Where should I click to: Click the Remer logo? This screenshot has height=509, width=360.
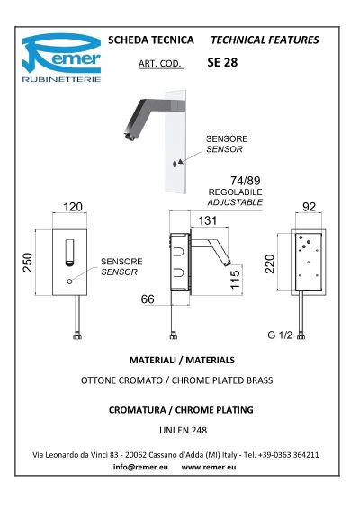pyautogui.click(x=61, y=58)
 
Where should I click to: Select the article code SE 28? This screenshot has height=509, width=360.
pyautogui.click(x=222, y=62)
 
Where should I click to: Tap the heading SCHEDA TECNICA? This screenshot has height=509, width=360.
pyautogui.click(x=151, y=40)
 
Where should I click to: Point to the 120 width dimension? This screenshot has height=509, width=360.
pyautogui.click(x=73, y=207)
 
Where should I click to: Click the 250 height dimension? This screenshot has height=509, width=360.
pyautogui.click(x=28, y=263)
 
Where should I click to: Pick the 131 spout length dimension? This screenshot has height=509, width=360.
pyautogui.click(x=208, y=220)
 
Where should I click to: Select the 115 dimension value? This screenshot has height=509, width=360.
pyautogui.click(x=235, y=279)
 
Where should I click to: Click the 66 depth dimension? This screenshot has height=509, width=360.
pyautogui.click(x=148, y=299)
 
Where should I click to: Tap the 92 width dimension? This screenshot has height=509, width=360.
pyautogui.click(x=309, y=207)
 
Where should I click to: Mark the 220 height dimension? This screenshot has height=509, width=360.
pyautogui.click(x=270, y=263)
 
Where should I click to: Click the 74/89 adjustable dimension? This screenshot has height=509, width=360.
pyautogui.click(x=246, y=181)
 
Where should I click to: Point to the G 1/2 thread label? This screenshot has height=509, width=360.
pyautogui.click(x=280, y=335)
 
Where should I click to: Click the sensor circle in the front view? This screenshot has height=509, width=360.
pyautogui.click(x=69, y=281)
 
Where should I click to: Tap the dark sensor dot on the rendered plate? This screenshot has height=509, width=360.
pyautogui.click(x=175, y=164)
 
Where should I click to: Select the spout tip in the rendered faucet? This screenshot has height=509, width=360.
pyautogui.click(x=129, y=137)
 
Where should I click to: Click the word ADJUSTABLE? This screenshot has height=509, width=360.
pyautogui.click(x=235, y=202)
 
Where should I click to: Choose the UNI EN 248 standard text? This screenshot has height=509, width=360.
pyautogui.click(x=184, y=430)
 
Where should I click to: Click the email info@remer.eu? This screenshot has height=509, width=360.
pyautogui.click(x=140, y=467)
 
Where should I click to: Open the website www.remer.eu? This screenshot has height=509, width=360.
pyautogui.click(x=209, y=467)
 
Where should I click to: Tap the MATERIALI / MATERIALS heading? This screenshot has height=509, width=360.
pyautogui.click(x=182, y=360)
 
